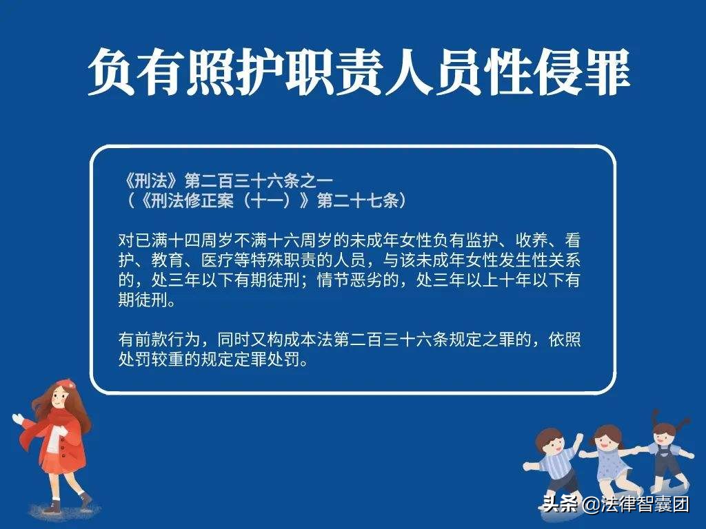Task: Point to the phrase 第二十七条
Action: (359, 200)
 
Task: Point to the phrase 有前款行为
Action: (159, 339)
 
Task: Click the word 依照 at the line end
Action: (565, 339)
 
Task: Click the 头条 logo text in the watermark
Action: (560, 504)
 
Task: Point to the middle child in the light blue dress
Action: (611, 459)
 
